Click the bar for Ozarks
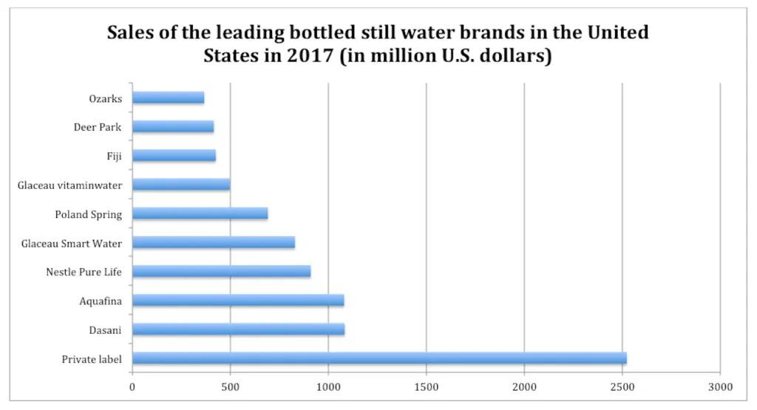point(168,98)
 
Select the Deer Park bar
point(173,126)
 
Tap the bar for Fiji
point(174,155)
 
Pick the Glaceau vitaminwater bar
point(181,184)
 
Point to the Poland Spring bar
point(200,213)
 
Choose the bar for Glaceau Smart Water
point(214,242)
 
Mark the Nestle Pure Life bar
point(221,271)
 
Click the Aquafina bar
point(238,300)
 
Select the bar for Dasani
point(238,329)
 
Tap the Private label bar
point(379,358)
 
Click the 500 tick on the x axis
point(230,386)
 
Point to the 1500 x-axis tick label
point(426,386)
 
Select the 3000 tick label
point(720,386)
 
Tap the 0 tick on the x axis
point(132,386)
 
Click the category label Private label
point(92,360)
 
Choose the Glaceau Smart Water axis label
point(72,243)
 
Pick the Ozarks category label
point(106,98)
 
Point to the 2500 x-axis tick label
point(622,386)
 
